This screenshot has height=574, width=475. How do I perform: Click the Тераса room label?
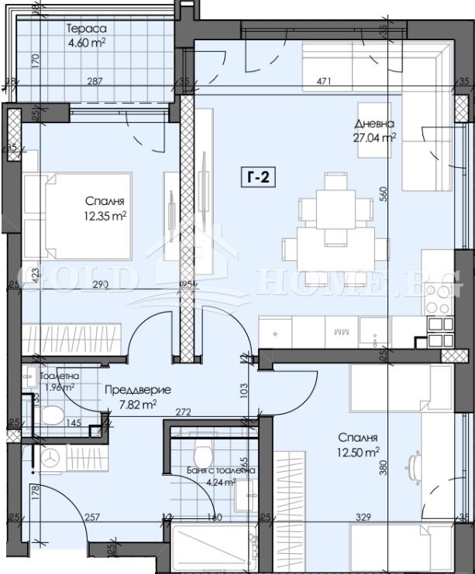85,29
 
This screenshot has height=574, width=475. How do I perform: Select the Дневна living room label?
375,124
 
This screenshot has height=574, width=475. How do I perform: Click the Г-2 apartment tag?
256,177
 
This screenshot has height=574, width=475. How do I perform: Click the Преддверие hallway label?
137,390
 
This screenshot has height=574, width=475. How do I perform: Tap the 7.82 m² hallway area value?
137,403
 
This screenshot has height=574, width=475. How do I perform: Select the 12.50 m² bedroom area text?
358,450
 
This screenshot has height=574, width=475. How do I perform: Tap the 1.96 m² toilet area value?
57,387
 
